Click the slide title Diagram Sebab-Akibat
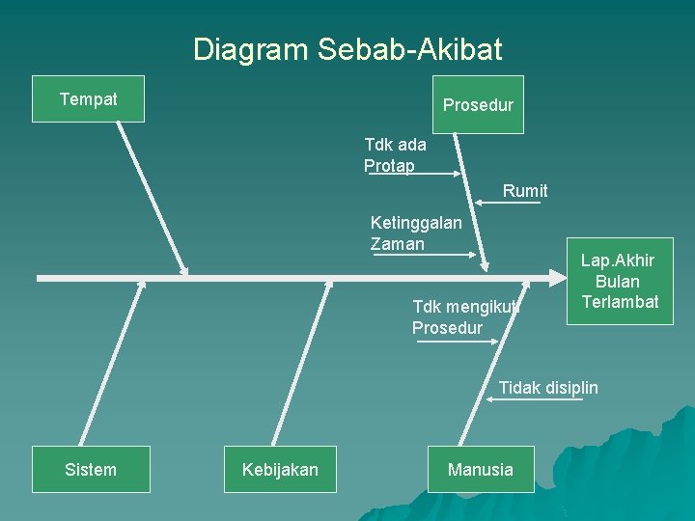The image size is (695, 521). pos(347,49)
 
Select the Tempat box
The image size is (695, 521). pos(88,99)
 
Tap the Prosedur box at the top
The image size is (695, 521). pos(478,105)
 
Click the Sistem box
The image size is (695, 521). pos(91,470)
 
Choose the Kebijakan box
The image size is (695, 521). pos(280,470)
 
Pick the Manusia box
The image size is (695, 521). pos(481,470)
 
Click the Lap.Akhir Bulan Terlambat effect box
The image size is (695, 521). pos(619,282)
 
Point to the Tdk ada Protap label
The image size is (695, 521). pos(394,155)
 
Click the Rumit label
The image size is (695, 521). pos(525,191)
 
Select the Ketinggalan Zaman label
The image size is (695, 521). pos(415,233)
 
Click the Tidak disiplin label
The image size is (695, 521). pos(548,388)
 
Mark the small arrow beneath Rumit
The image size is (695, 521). pos(507,203)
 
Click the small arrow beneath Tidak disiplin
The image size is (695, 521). pos(536,399)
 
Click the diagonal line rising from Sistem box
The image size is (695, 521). pos(111,363)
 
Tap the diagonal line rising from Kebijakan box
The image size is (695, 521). pos(300,363)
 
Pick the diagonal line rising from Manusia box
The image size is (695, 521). pos(493,363)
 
